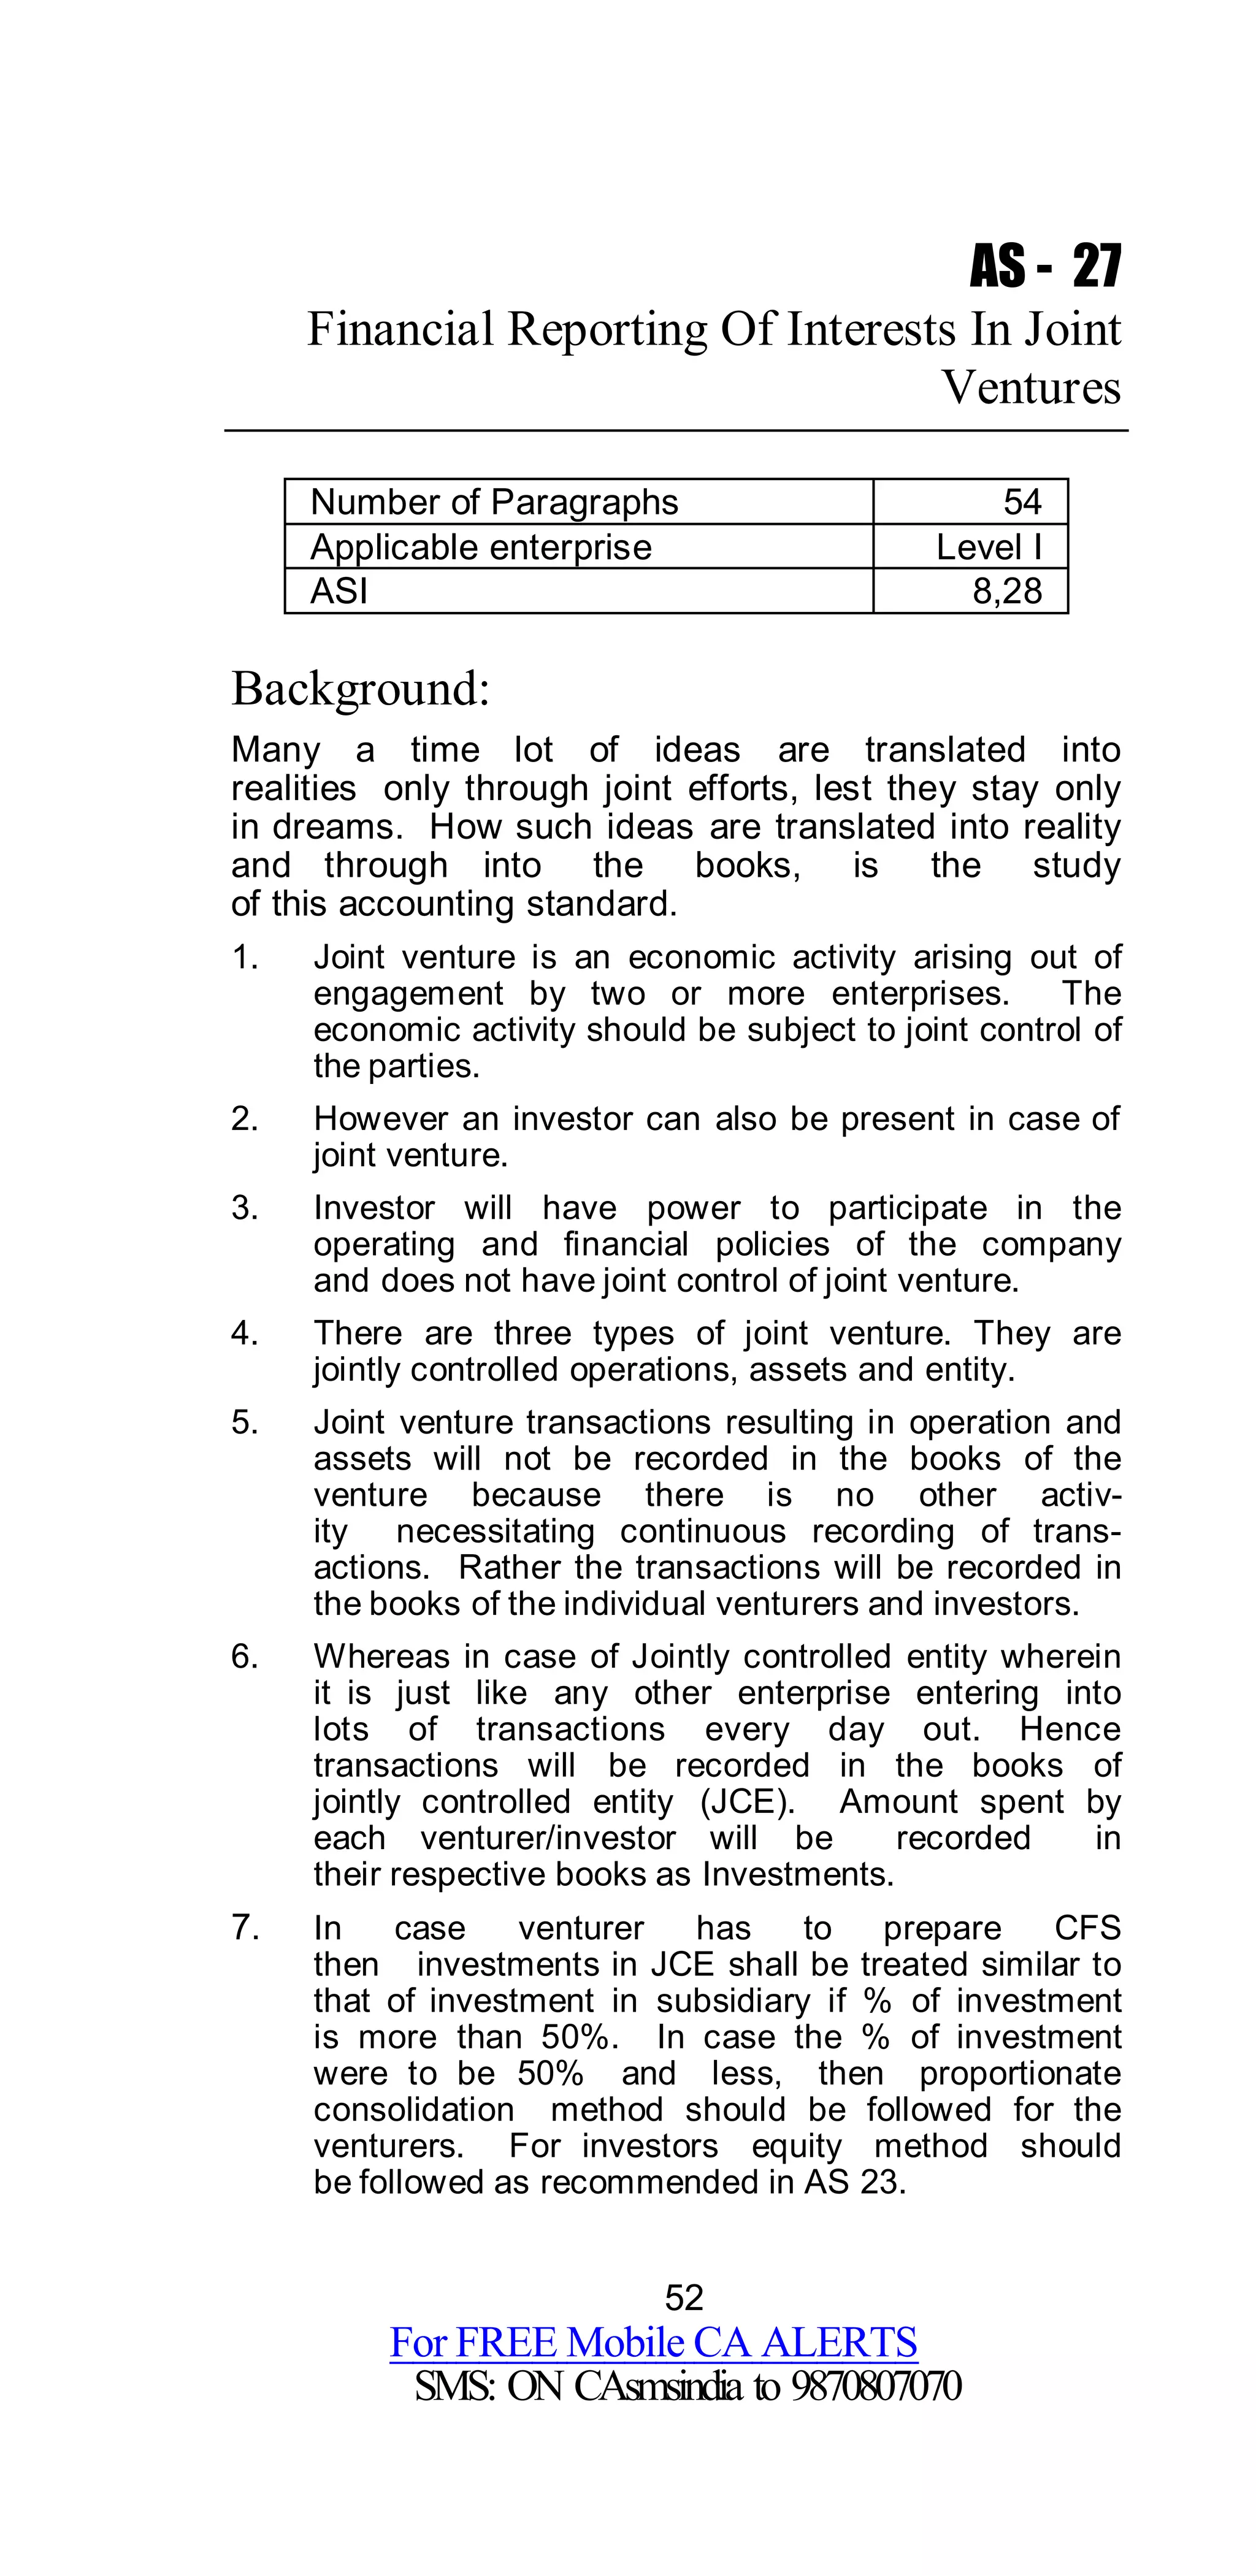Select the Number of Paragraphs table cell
click(x=494, y=502)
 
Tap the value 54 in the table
click(x=1022, y=502)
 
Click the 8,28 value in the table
click(x=1007, y=591)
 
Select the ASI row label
click(x=339, y=591)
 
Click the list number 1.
click(x=244, y=958)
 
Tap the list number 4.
click(x=244, y=1333)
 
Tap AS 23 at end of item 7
click(x=855, y=2182)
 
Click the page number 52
click(x=684, y=2297)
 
